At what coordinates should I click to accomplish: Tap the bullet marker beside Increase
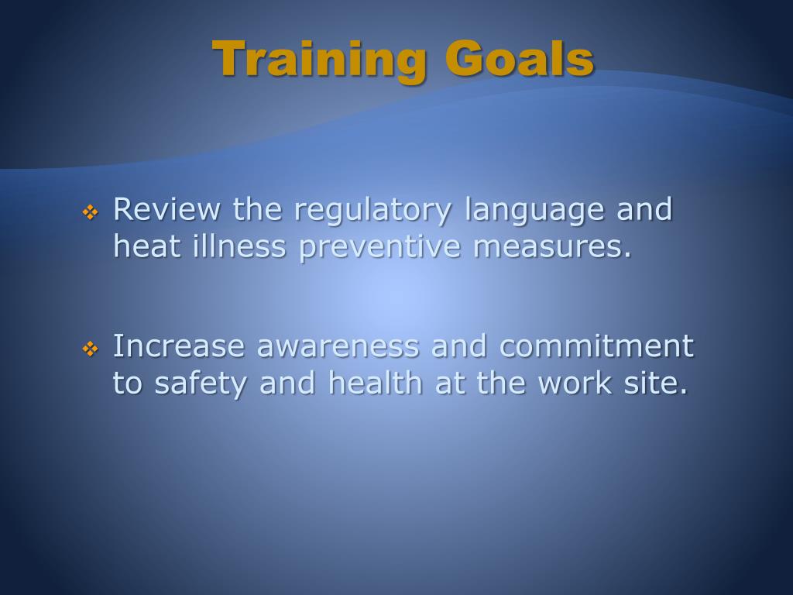point(90,349)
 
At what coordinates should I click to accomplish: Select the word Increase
point(180,346)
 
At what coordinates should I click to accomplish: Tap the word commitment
point(596,346)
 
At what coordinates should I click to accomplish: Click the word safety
point(202,383)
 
